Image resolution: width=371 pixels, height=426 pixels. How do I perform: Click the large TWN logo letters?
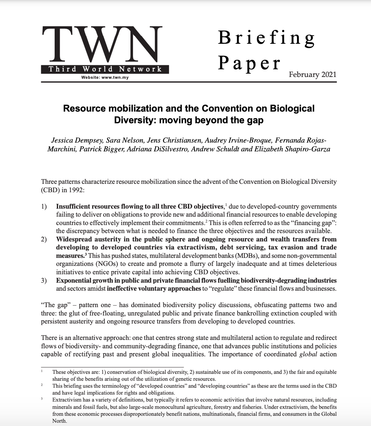pos(102,44)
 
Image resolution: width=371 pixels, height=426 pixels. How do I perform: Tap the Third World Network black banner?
pos(105,69)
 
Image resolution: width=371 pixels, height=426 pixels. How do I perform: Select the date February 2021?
pos(312,74)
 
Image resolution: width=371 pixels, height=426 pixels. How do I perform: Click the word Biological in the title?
pos(292,108)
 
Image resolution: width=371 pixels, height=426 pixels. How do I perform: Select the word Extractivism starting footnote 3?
pos(67,400)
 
